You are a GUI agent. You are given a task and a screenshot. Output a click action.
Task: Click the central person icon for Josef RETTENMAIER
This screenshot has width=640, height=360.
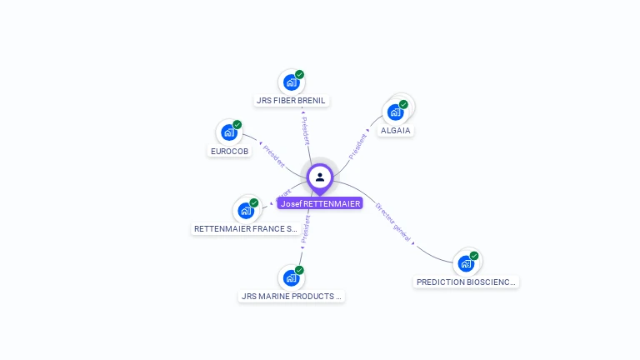[320, 177]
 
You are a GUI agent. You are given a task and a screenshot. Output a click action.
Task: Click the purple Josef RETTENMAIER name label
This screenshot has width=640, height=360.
[320, 203]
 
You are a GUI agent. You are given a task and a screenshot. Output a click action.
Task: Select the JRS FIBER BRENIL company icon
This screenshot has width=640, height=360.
[291, 82]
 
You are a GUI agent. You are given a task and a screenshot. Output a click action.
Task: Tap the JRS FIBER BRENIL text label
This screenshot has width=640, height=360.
[291, 101]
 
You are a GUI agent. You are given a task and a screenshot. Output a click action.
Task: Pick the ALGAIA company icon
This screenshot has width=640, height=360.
[395, 112]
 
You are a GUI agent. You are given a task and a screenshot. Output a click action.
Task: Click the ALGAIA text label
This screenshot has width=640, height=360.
[396, 131]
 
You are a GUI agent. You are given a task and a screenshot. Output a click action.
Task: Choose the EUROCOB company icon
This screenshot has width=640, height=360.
[228, 132]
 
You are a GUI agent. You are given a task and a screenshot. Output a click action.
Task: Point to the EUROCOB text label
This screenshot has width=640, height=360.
[229, 152]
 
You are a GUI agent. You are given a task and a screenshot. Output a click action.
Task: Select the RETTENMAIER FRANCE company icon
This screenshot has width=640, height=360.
[245, 210]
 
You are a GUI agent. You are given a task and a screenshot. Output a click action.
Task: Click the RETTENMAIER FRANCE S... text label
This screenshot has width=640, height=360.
[245, 228]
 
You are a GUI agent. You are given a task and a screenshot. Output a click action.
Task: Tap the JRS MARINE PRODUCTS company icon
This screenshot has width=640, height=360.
[291, 277]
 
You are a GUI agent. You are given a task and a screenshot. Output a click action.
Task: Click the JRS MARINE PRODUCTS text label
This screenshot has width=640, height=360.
[291, 296]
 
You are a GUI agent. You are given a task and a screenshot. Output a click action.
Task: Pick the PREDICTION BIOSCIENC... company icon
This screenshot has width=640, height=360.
[466, 263]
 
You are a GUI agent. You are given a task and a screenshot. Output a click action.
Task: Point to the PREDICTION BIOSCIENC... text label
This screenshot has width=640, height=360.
[466, 282]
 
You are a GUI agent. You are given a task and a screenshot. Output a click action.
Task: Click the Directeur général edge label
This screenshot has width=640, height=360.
[393, 222]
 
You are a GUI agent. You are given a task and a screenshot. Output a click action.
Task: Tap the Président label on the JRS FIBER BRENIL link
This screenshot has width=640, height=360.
[305, 130]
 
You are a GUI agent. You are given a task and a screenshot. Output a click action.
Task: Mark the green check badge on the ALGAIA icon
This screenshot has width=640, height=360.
[403, 104]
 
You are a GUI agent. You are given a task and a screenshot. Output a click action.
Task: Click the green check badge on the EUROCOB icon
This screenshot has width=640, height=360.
[237, 124]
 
